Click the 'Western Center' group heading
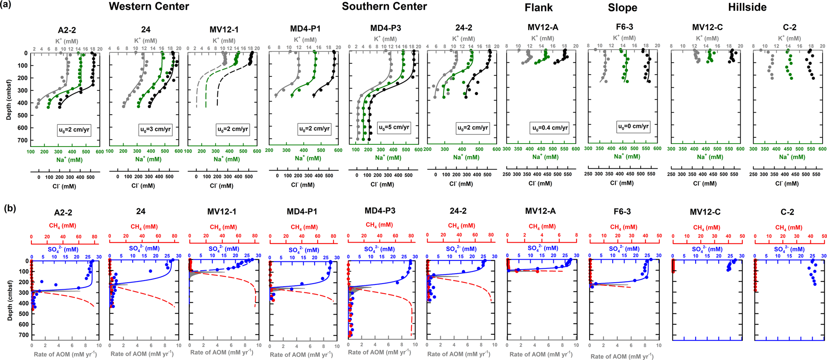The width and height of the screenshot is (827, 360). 149,7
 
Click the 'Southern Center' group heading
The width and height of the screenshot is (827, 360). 384,7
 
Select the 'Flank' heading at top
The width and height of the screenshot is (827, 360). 539,7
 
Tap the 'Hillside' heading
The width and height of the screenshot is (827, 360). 747,7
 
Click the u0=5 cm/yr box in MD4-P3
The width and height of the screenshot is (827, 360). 394,127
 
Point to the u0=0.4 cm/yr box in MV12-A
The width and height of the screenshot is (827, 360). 549,128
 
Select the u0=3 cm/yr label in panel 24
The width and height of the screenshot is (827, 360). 155,129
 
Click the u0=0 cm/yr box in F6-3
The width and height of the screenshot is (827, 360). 633,127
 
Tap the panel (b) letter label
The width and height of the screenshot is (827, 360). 10,208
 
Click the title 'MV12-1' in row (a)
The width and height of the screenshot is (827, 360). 224,29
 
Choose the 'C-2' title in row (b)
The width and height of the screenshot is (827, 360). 787,212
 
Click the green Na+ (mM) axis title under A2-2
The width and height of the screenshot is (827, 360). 69,160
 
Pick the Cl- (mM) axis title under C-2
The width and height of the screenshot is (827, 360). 787,184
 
